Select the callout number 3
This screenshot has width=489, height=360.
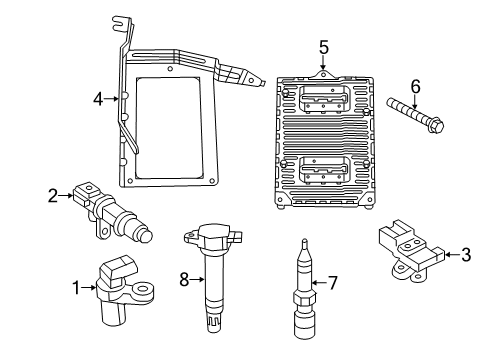[x=466, y=255]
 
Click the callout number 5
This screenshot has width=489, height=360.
[x=323, y=47]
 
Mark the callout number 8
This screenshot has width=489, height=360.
[x=182, y=281]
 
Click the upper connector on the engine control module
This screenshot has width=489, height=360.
[x=322, y=97]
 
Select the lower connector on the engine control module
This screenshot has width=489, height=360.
[x=322, y=171]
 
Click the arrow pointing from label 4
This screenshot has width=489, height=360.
[x=113, y=98]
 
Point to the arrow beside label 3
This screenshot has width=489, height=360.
[x=448, y=255]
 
